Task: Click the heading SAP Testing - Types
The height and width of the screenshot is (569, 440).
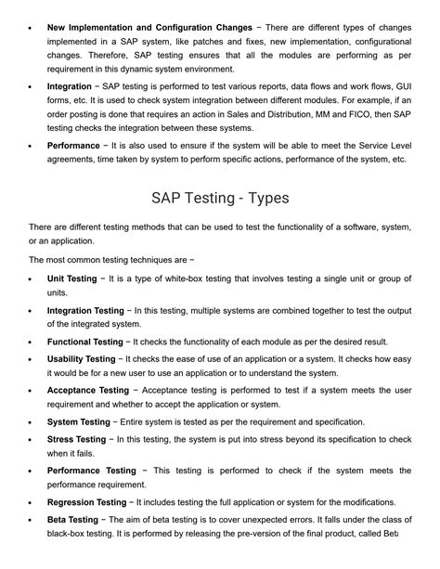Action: [220, 198]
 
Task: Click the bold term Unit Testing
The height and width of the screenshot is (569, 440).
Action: [71, 278]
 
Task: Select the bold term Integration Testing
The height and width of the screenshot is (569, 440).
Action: [85, 310]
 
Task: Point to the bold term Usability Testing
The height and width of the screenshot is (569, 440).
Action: [82, 358]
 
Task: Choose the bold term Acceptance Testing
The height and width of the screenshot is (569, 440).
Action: [88, 391]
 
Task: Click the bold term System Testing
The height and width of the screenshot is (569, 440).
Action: [78, 422]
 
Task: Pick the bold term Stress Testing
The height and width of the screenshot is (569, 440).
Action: [76, 439]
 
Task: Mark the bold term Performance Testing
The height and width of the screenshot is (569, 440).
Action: [91, 471]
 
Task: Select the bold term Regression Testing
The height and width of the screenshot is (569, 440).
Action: [85, 502]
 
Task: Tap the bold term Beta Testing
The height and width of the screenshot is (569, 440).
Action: [72, 519]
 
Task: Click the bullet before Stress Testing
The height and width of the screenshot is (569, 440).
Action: [32, 440]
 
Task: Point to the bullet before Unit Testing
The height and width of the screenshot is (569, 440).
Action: [32, 278]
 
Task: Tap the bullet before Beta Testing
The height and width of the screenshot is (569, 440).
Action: [32, 520]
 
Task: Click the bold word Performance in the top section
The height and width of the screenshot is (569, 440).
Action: [73, 146]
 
